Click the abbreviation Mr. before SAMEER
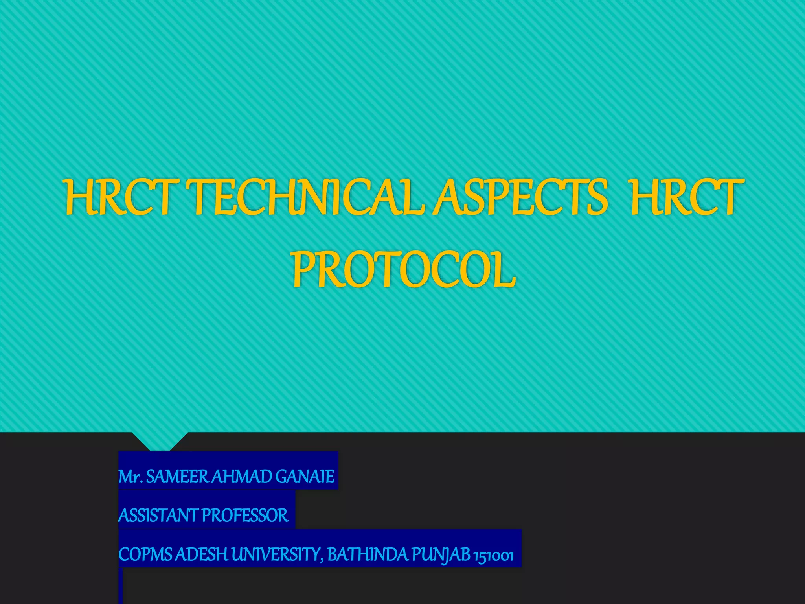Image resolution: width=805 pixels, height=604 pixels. (130, 477)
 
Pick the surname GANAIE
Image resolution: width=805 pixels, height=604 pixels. (305, 477)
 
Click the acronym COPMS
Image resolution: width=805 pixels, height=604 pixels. (145, 555)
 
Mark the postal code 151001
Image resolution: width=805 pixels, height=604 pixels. (494, 556)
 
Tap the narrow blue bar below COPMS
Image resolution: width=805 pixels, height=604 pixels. (120, 586)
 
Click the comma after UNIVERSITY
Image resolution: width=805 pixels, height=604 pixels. (323, 560)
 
